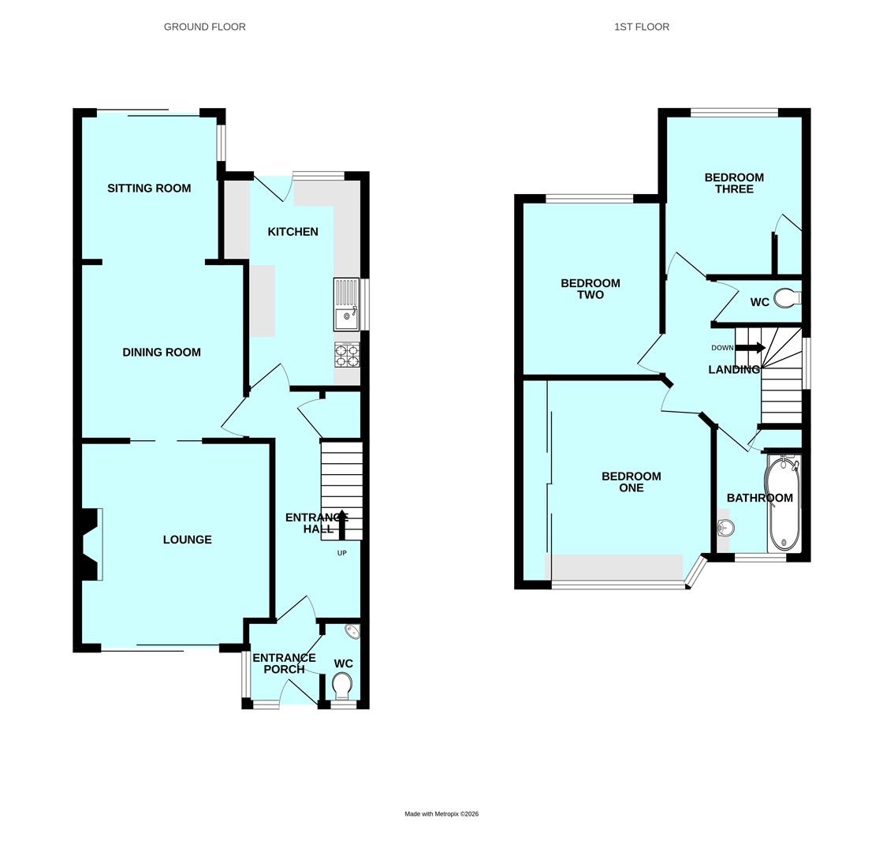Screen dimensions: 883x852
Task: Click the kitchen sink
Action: (346, 304)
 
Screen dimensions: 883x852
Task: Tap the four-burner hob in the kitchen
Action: (347, 354)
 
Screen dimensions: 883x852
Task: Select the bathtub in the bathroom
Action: (783, 503)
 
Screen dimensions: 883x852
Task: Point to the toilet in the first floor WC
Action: (788, 298)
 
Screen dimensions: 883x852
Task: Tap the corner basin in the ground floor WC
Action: (352, 631)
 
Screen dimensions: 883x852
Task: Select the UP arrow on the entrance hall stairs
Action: (341, 521)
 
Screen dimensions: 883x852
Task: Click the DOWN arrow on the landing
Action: (751, 348)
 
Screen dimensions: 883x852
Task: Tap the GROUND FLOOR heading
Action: (204, 27)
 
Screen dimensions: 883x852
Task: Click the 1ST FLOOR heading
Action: (642, 27)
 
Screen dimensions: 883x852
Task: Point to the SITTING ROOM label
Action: (149, 189)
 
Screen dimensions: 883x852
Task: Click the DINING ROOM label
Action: (162, 352)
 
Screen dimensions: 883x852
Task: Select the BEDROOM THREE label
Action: (734, 183)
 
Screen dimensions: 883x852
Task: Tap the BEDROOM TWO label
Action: (591, 289)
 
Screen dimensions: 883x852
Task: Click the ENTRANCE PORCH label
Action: (285, 663)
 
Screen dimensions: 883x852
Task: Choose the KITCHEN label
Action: (292, 232)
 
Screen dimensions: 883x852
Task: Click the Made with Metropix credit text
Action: (441, 813)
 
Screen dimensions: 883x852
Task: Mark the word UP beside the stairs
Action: (342, 553)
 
